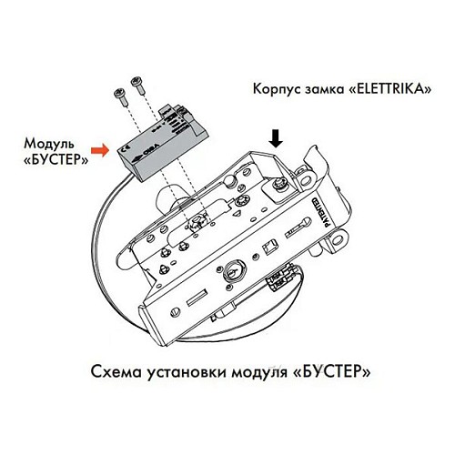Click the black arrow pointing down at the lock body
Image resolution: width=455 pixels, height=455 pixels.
pos(276,137)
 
